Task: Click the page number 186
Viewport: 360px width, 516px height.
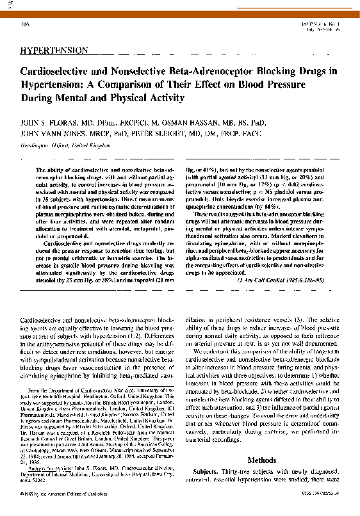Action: point(25,24)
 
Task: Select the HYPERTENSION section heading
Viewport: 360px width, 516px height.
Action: point(54,49)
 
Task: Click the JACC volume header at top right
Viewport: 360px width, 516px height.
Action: point(322,24)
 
